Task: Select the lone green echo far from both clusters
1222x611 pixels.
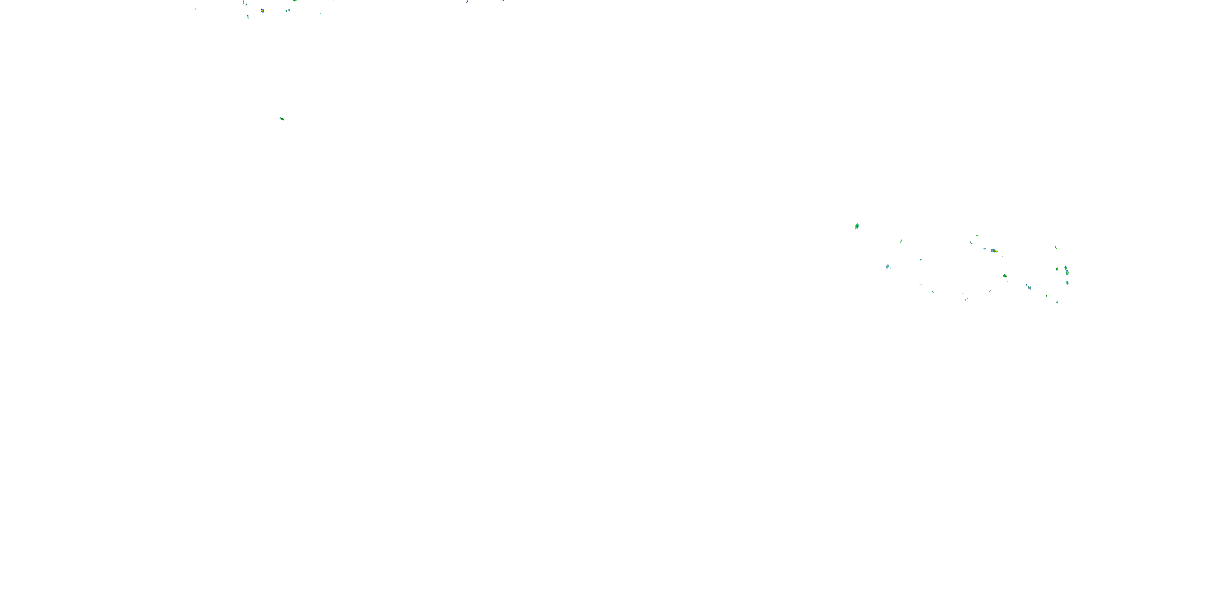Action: (x=282, y=119)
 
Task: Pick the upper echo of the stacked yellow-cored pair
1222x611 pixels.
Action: (x=1066, y=268)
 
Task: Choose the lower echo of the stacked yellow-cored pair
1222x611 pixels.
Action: (x=1067, y=273)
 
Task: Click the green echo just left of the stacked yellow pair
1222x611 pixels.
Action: (x=1057, y=268)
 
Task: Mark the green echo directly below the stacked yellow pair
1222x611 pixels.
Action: (x=1067, y=283)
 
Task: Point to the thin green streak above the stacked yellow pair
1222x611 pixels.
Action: (x=1055, y=247)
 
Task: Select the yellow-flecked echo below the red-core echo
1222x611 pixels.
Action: (x=1005, y=276)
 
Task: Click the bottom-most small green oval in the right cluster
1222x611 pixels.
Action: (x=1057, y=302)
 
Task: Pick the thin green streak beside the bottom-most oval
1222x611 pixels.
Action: (x=1046, y=296)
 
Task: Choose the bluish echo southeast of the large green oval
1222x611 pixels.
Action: (x=888, y=267)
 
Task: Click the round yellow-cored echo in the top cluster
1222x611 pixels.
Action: (x=262, y=11)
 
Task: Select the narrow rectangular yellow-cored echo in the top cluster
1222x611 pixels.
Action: (x=248, y=17)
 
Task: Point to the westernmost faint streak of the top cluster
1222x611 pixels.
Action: (x=196, y=9)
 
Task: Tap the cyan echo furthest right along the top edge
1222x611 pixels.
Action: (x=502, y=0)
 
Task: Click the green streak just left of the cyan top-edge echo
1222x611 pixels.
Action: (x=467, y=1)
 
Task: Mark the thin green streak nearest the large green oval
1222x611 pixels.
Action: (x=901, y=241)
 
